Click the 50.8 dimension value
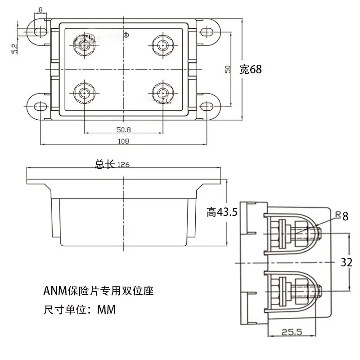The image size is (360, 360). click(123, 130)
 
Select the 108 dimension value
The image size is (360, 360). click(123, 141)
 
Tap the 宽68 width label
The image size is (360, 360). click(251, 69)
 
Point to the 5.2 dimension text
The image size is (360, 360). click(14, 49)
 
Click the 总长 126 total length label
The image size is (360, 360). click(112, 164)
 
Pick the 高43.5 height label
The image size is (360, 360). click(222, 212)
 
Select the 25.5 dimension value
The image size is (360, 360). click(292, 332)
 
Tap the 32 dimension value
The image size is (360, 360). click(346, 262)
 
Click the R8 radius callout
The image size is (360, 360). click(342, 216)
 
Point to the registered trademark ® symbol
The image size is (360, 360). click(126, 35)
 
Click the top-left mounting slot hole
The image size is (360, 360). click(40, 31)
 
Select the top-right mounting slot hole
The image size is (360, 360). click(207, 31)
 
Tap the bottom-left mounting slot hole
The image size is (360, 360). click(40, 107)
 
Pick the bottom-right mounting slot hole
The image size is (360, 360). click(207, 107)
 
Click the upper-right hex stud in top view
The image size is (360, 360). click(163, 45)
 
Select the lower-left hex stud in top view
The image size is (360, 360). click(85, 93)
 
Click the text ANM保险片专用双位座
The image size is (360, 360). click(99, 291)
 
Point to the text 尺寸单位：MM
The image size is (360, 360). click(80, 310)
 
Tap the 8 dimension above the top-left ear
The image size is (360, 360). click(40, 10)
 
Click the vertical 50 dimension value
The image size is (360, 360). click(228, 69)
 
